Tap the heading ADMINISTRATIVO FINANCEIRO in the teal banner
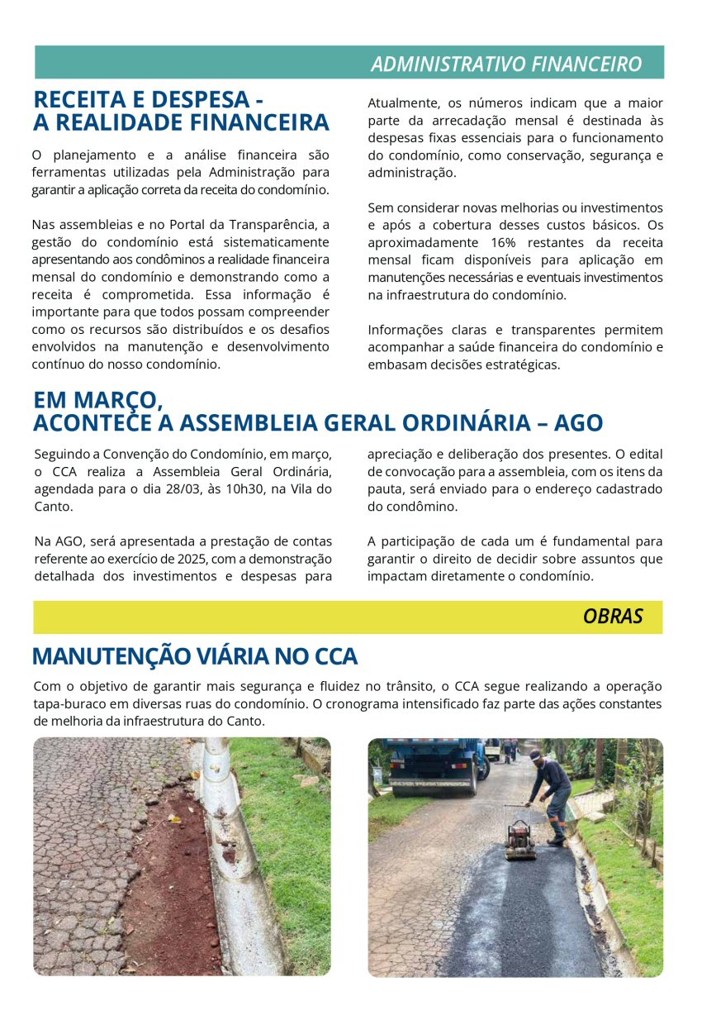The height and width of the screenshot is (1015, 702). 505,64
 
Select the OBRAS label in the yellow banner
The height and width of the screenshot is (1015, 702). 612,617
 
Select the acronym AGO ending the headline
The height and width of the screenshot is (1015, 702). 578,423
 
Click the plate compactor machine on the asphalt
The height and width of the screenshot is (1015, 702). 520,840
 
